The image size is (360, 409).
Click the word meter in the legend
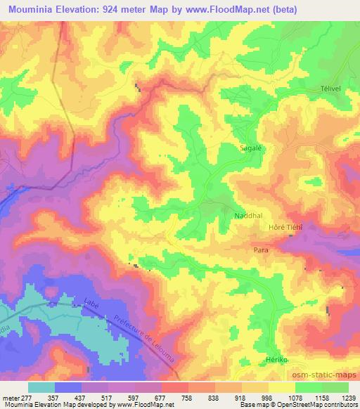click(11, 397)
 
